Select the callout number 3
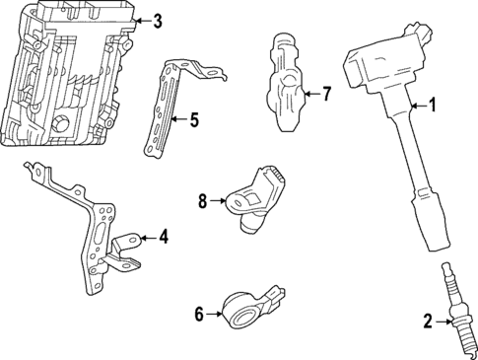point(158,20)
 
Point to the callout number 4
point(164,237)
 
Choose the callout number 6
point(199,315)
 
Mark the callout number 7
point(327,96)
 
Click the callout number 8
point(203,202)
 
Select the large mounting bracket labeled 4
point(94,232)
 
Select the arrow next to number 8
point(219,202)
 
